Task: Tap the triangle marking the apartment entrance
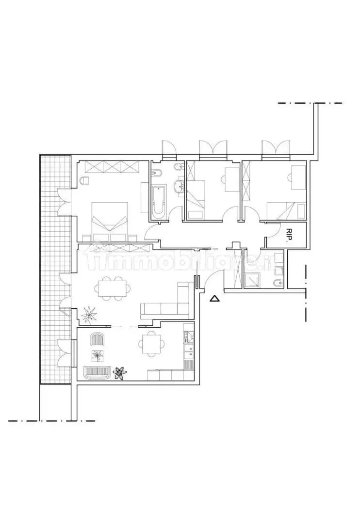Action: tap(214, 299)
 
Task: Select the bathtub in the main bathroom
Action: tap(159, 202)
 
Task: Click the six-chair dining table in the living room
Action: tap(113, 287)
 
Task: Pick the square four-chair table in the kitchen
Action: tap(151, 344)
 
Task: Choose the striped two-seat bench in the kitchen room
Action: tap(97, 373)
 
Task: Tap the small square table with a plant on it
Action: tap(98, 356)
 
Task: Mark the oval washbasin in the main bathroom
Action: tap(179, 187)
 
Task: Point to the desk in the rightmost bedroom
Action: tap(298, 177)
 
